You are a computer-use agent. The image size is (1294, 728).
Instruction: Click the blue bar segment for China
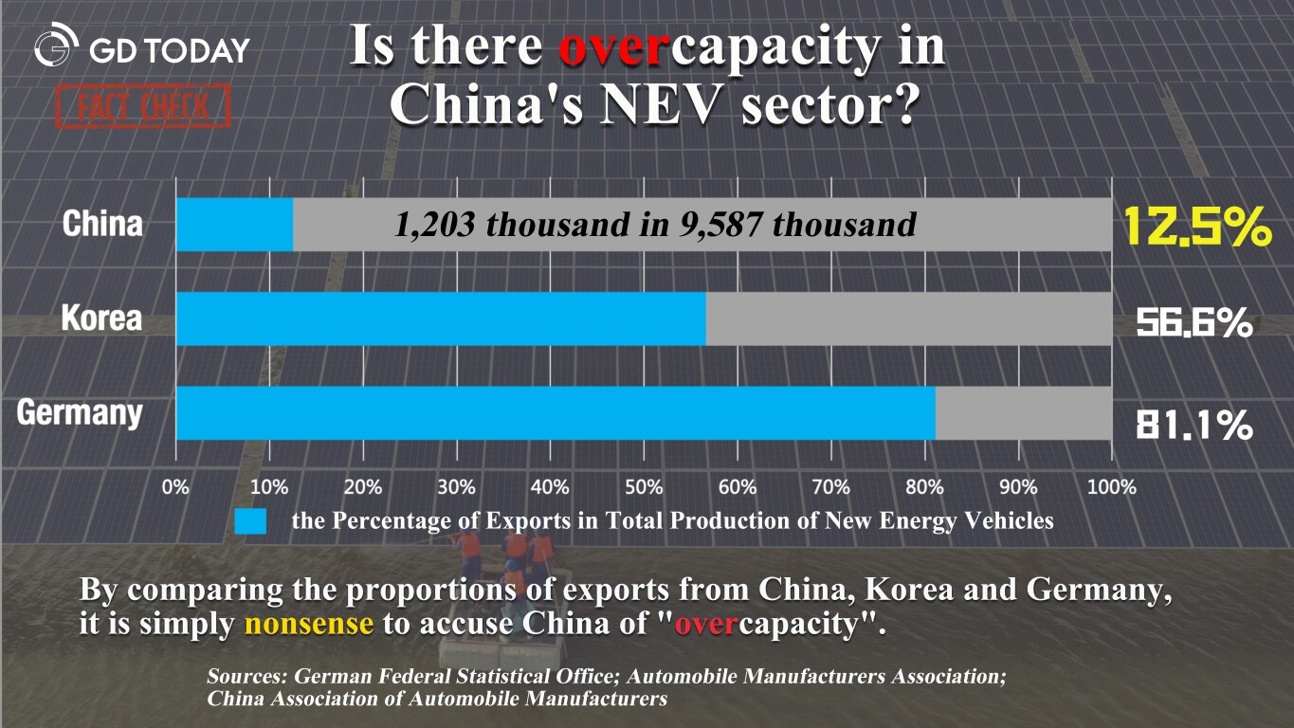[x=234, y=225]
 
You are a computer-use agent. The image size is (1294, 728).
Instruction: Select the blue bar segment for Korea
[x=441, y=318]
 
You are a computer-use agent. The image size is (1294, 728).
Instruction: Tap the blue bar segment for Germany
[x=556, y=413]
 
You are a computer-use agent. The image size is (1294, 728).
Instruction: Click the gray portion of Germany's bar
[x=1023, y=413]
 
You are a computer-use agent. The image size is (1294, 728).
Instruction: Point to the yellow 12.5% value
[x=1196, y=227]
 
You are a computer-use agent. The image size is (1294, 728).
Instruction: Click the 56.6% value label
[x=1194, y=323]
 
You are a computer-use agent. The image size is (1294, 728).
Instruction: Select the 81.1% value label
[x=1194, y=426]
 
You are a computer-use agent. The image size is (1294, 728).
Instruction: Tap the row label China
[x=102, y=225]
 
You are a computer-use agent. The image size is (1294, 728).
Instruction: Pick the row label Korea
[x=101, y=318]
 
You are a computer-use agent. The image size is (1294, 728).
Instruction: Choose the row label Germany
[x=81, y=413]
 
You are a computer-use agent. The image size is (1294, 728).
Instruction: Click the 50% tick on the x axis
[x=644, y=487]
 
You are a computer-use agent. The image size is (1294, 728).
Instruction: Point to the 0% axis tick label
[x=176, y=487]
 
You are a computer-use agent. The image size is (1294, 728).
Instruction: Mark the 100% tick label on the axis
[x=1111, y=487]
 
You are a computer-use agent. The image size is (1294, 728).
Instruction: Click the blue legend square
[x=250, y=520]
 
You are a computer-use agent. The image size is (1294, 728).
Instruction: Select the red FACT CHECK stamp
[x=143, y=106]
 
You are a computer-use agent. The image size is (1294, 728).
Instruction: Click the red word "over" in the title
[x=609, y=47]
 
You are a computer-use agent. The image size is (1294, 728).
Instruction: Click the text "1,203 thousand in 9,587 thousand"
[x=654, y=225]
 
